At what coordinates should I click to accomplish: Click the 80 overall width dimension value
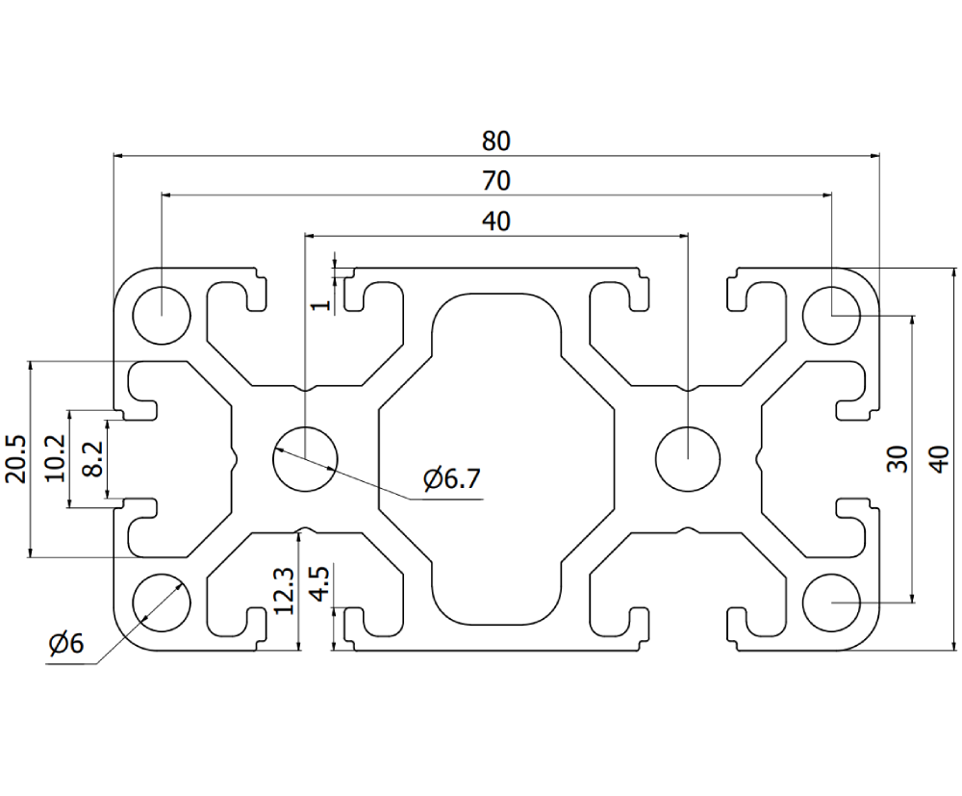click(495, 141)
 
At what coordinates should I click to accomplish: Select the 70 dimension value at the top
click(495, 181)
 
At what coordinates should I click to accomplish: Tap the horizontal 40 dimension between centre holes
click(495, 221)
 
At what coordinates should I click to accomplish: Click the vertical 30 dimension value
click(896, 458)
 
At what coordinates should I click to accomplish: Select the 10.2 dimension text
click(56, 458)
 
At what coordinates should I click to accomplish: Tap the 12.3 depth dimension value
click(284, 590)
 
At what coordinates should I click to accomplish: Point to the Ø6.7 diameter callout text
click(450, 478)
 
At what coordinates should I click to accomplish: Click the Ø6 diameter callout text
click(66, 644)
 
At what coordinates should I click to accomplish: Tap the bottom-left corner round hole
click(162, 602)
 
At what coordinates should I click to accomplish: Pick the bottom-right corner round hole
click(831, 602)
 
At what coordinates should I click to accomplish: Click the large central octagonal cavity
click(495, 458)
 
